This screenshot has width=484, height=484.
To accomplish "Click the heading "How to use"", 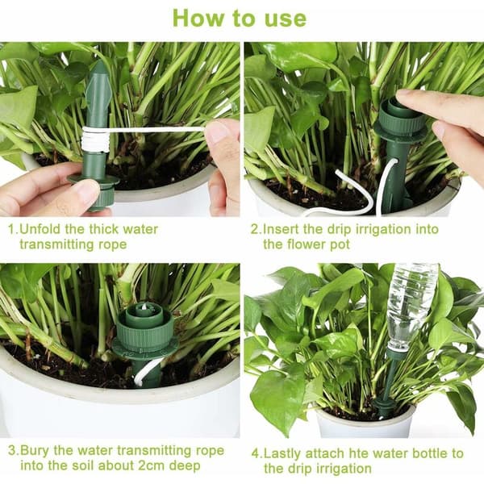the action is (x=240, y=18).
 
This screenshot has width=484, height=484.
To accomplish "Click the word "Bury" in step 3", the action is (x=34, y=450).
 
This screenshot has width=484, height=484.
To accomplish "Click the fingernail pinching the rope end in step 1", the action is (x=217, y=131).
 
